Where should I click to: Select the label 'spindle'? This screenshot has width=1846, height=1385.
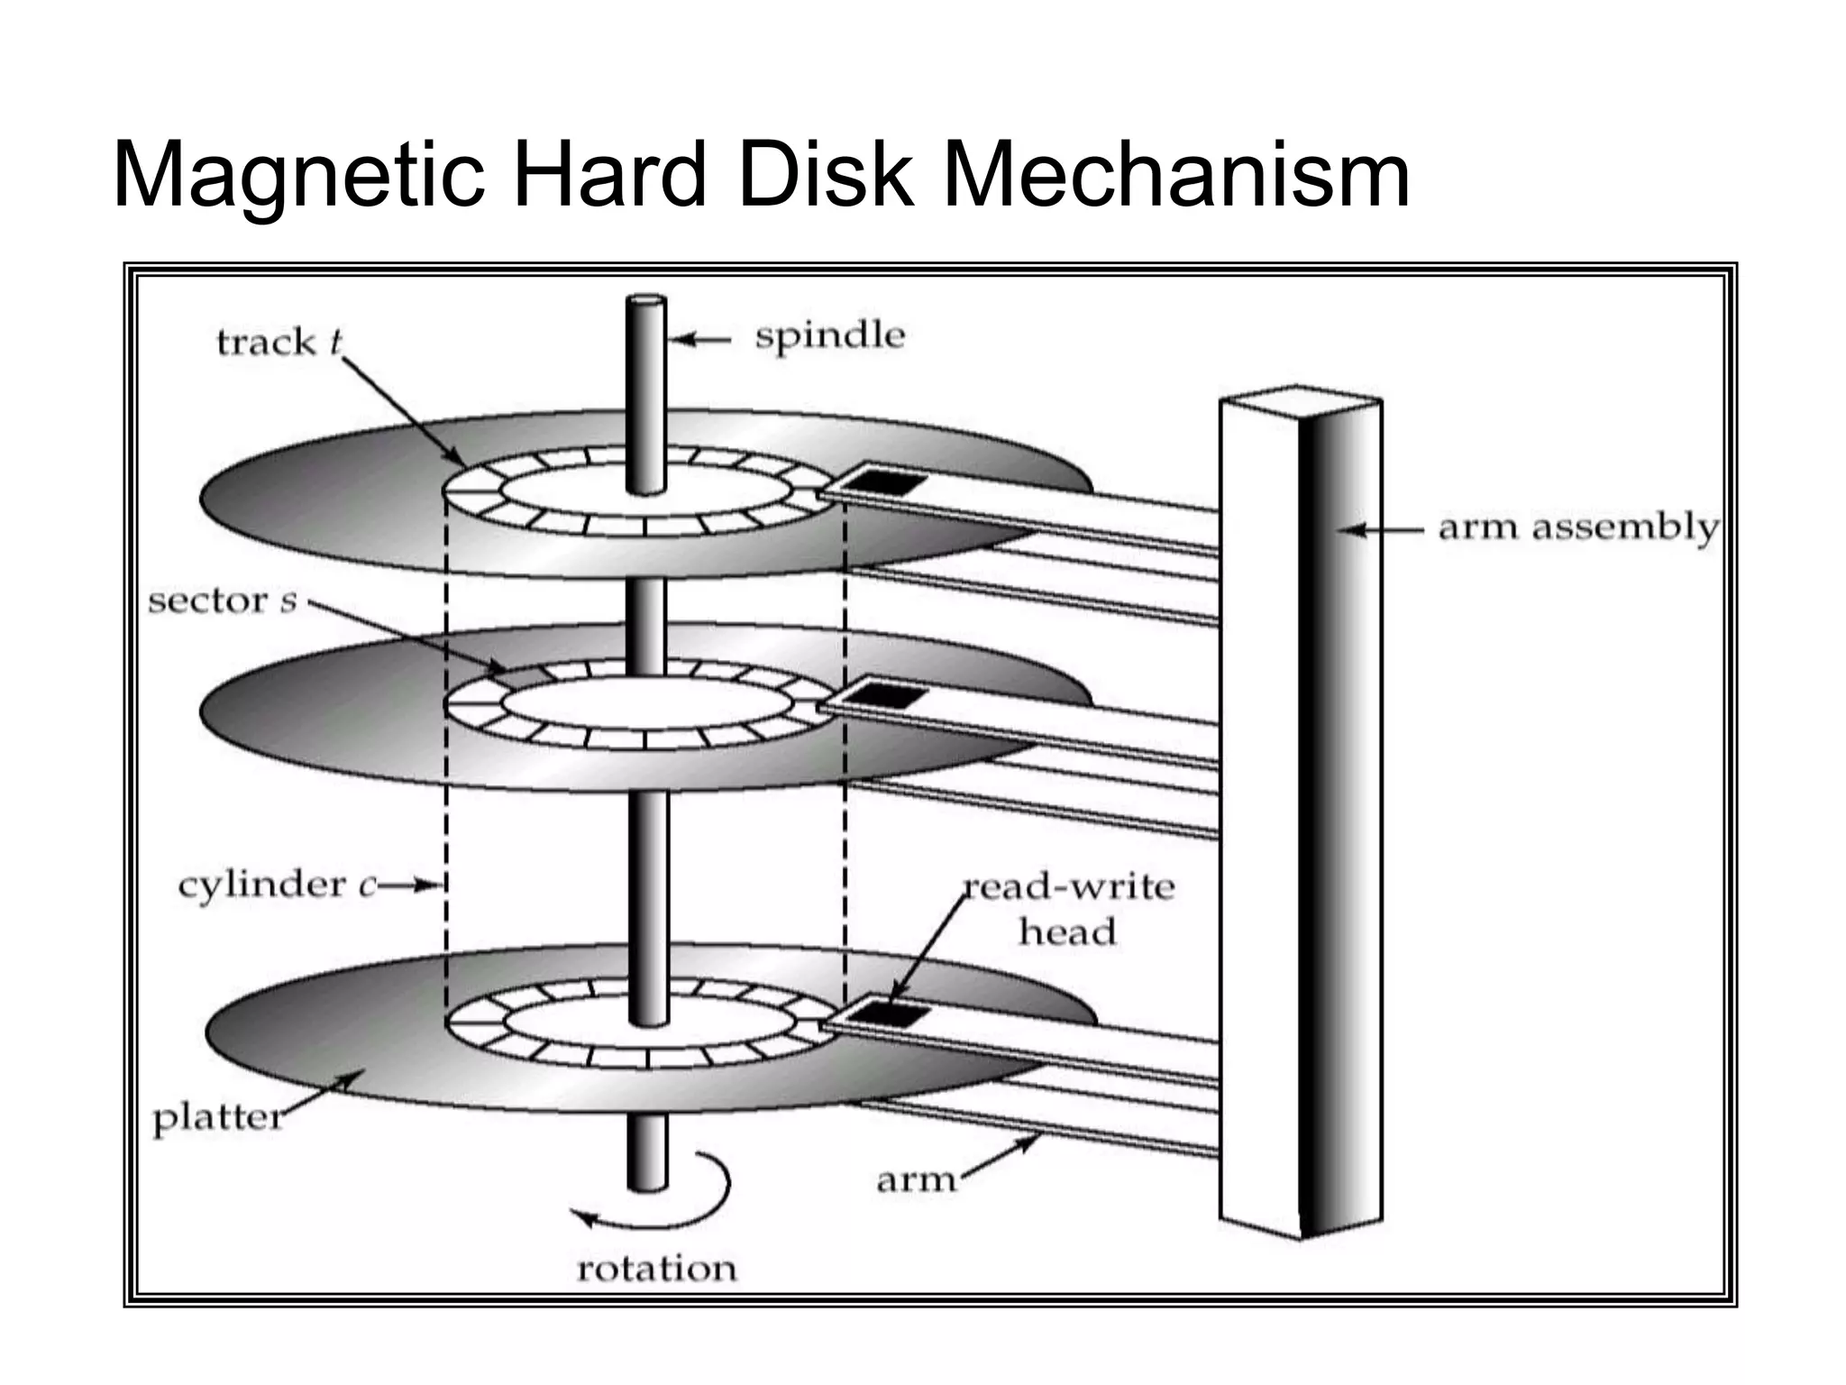(829, 336)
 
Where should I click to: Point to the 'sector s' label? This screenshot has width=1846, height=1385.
(222, 601)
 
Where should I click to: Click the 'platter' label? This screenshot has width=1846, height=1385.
(217, 1119)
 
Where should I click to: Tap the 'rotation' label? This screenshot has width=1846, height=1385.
(656, 1269)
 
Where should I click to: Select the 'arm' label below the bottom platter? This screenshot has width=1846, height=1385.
(915, 1179)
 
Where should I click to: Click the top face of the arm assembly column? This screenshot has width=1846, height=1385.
(1301, 398)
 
